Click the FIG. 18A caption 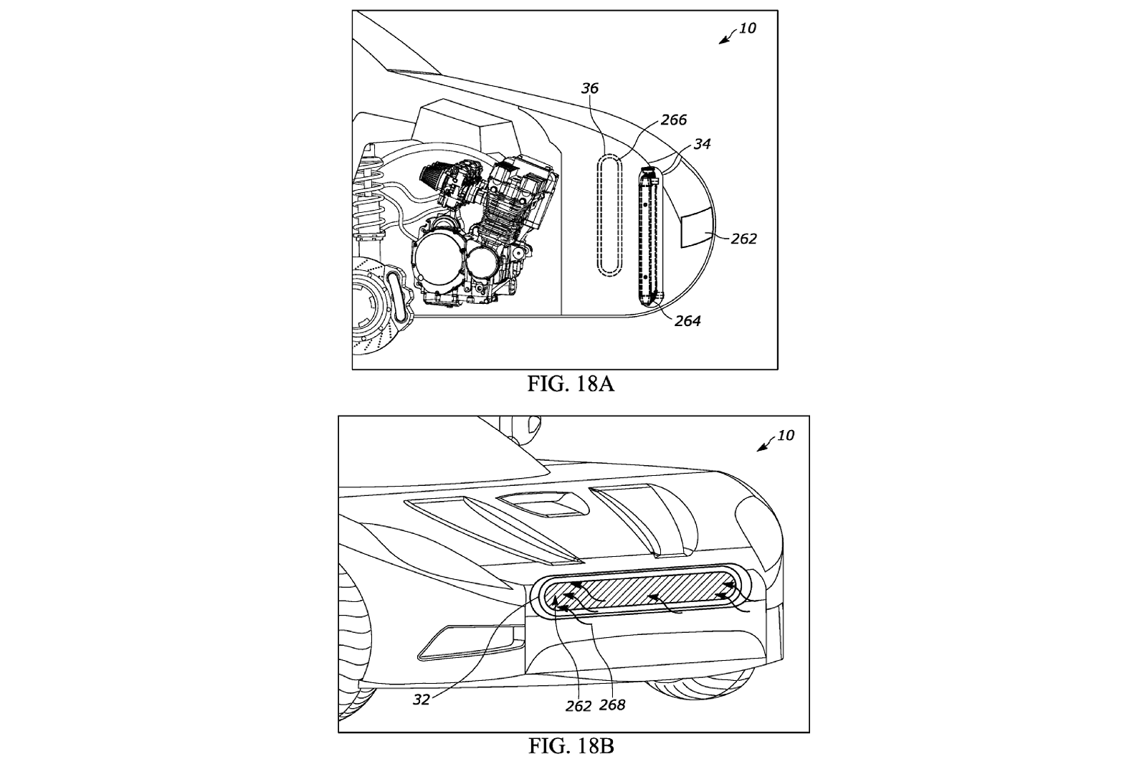pos(571,384)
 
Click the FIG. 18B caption pos(571,746)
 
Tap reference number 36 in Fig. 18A pos(590,89)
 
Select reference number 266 pos(673,120)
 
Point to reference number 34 pos(702,144)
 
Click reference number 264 pos(687,321)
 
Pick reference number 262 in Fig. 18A pos(743,239)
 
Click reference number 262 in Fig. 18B pos(578,705)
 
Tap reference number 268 pos(613,705)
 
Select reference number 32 pos(422,699)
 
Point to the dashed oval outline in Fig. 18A pos(609,215)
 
